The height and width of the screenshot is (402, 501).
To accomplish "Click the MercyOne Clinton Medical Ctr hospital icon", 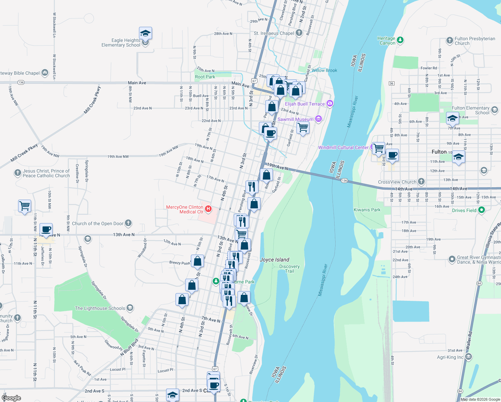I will click(x=208, y=209).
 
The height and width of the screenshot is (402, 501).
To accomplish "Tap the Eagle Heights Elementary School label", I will click(x=121, y=43).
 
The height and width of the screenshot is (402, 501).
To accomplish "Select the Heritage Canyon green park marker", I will click(x=400, y=41).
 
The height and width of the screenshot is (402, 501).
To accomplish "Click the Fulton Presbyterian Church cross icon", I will click(x=450, y=41).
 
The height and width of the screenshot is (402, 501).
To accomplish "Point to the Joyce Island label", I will click(x=274, y=260).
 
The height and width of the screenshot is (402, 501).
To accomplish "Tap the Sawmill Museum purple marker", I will click(x=318, y=119).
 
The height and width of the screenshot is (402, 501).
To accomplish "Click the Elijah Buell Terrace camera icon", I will click(x=330, y=104).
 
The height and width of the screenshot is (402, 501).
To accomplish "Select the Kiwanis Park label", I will click(x=367, y=210).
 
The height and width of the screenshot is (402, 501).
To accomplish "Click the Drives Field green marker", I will click(x=482, y=210).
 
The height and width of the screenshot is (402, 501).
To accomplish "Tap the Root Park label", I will click(x=205, y=77).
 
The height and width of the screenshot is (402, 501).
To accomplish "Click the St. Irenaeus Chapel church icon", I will click(x=299, y=33).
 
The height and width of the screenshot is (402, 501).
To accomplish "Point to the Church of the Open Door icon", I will click(x=128, y=223).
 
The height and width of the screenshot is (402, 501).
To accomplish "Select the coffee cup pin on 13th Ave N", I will click(x=46, y=230).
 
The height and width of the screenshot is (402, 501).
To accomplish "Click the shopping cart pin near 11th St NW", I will click(x=25, y=206).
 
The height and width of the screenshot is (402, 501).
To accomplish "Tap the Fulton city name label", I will click(x=439, y=152).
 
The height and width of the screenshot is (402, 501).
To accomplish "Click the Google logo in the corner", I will click(x=11, y=398).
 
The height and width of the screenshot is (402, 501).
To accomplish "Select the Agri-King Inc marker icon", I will click(x=469, y=357).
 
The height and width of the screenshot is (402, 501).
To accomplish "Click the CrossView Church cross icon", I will click(x=421, y=182).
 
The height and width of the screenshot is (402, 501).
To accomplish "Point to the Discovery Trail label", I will click(x=289, y=269).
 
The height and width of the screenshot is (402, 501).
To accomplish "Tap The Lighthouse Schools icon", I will click(x=130, y=308).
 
